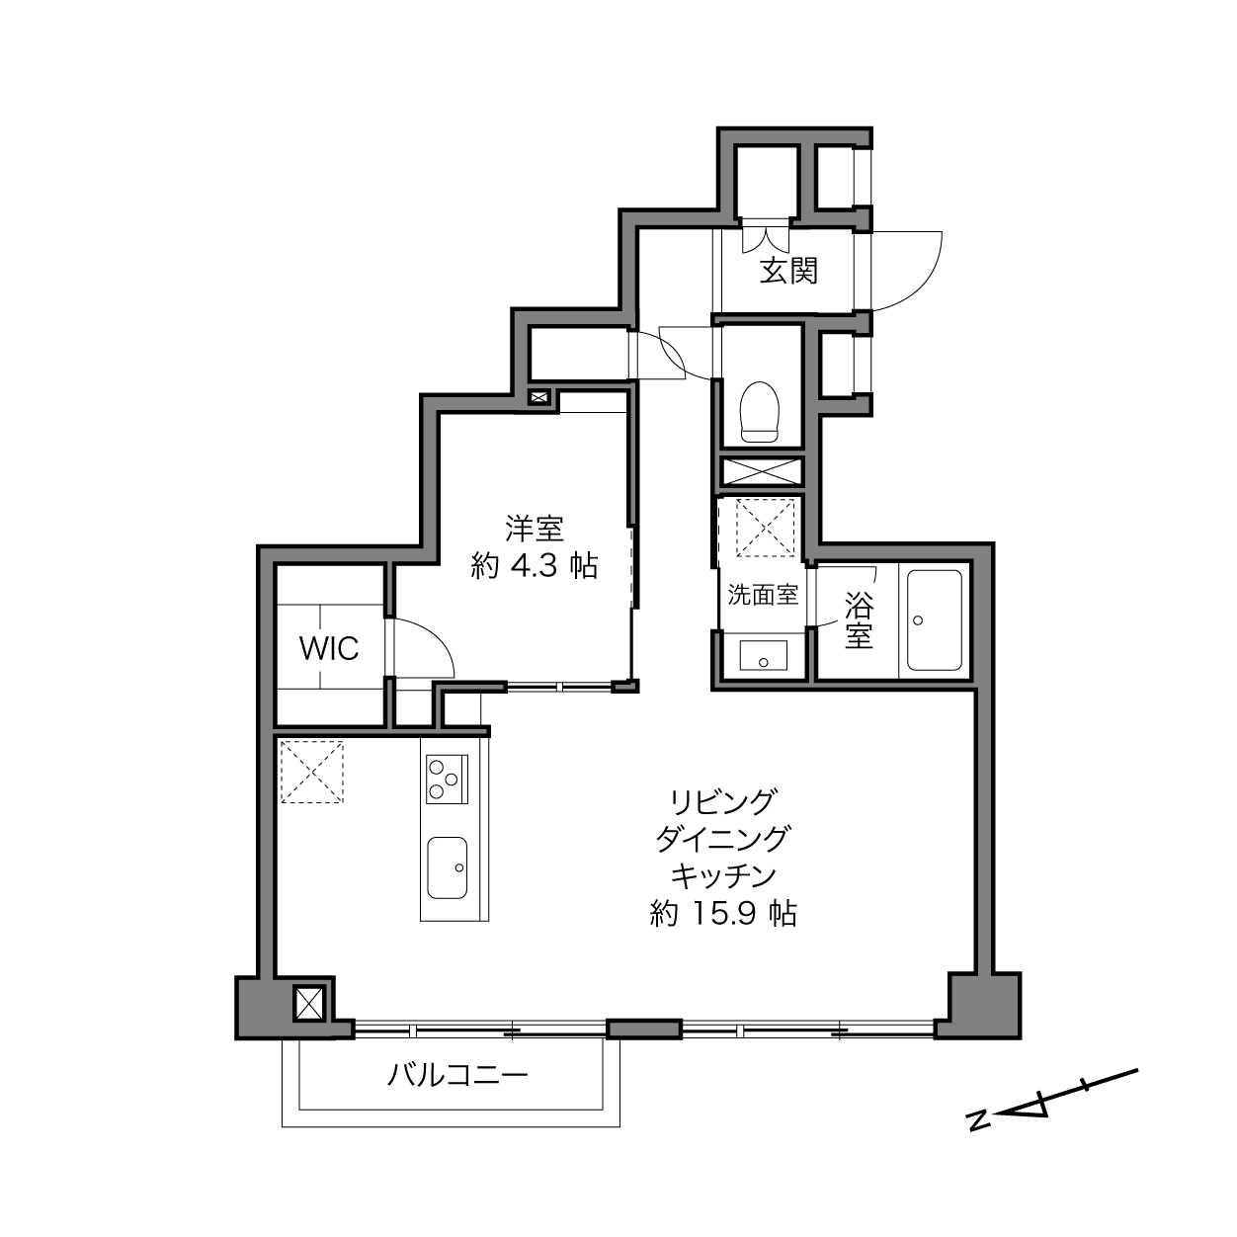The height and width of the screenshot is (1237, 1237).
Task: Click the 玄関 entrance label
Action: click(788, 271)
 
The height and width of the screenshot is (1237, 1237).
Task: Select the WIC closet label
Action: click(329, 649)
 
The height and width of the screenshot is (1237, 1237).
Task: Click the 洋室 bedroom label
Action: click(534, 529)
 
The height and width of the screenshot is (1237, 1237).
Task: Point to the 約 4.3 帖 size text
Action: click(534, 566)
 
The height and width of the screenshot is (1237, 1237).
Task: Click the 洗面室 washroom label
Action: click(763, 595)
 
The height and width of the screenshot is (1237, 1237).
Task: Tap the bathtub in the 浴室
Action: click(934, 620)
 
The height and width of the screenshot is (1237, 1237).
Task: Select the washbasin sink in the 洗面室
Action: click(763, 656)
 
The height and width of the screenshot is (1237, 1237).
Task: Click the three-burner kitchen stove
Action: click(447, 779)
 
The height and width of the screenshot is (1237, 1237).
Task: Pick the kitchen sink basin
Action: click(448, 867)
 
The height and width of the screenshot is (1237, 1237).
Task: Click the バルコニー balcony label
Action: click(457, 1074)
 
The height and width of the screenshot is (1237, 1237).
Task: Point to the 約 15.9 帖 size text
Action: click(723, 914)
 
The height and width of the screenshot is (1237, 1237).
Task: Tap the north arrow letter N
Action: click(978, 1120)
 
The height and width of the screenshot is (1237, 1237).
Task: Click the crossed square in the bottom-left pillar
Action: click(308, 1004)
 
